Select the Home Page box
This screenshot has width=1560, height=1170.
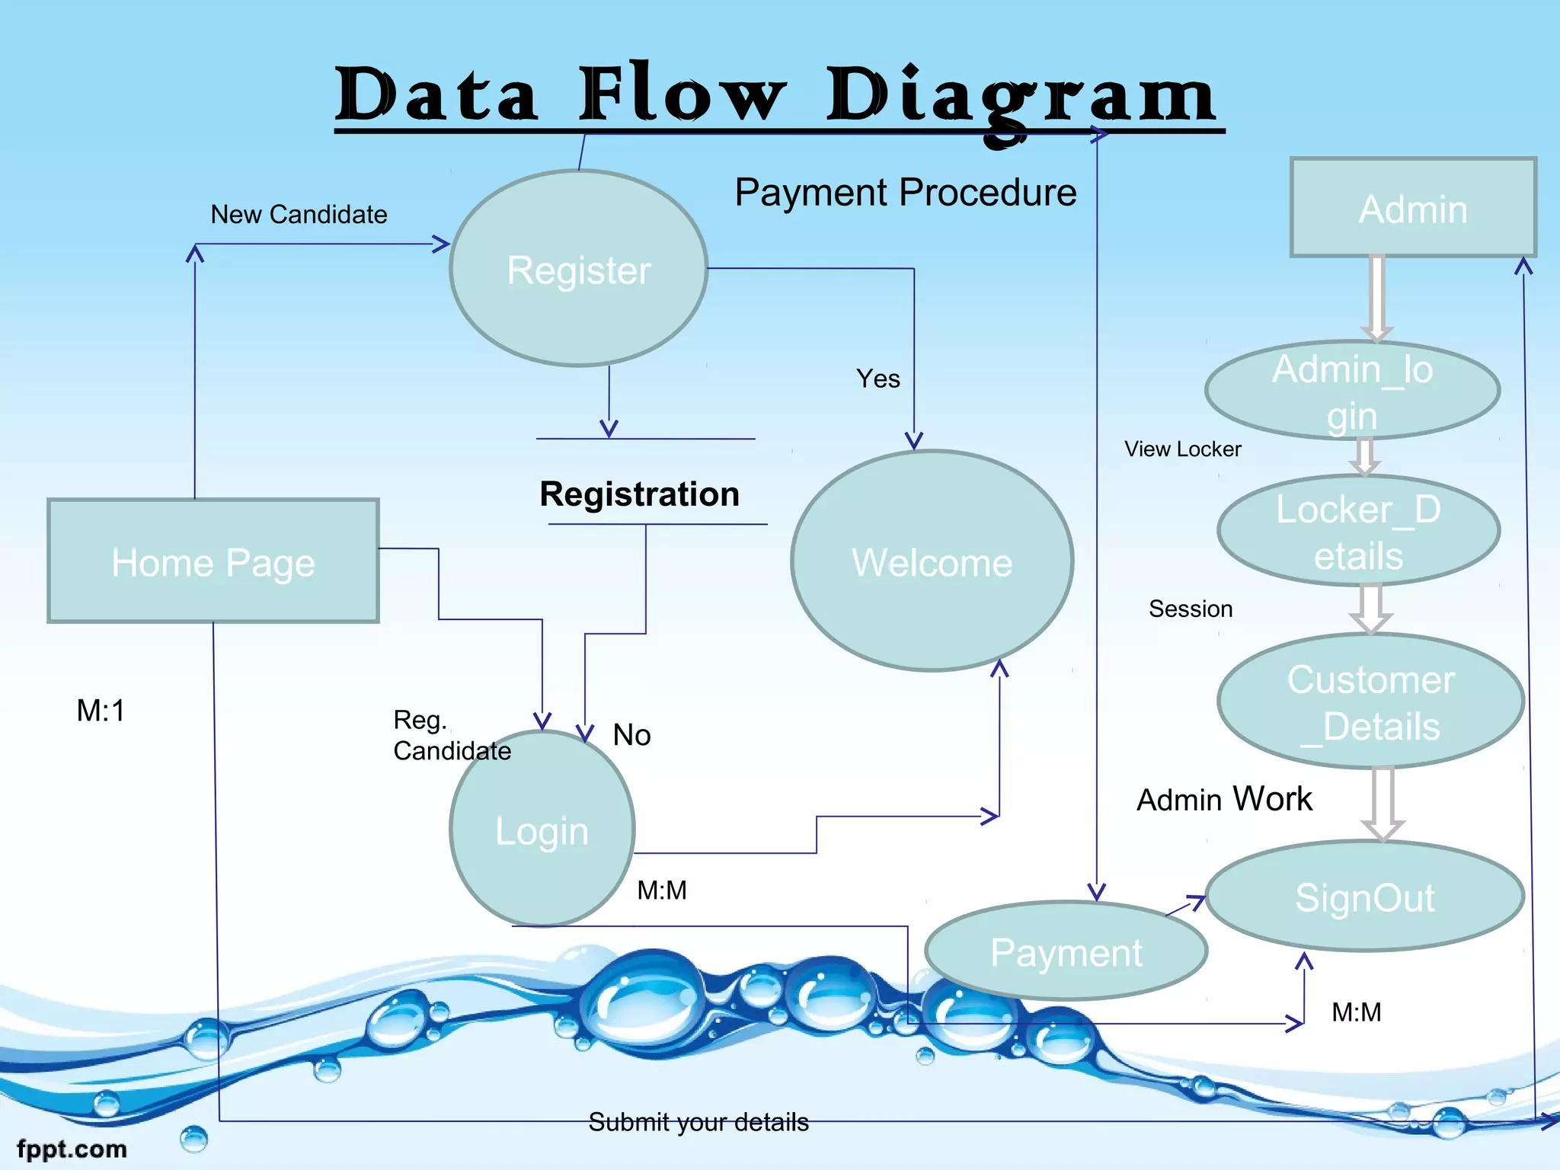pyautogui.click(x=213, y=561)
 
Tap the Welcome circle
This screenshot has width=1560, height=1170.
pyautogui.click(x=932, y=561)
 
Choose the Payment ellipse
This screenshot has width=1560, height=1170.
pyautogui.click(x=1066, y=951)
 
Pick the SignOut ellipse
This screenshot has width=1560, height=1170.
pyautogui.click(x=1365, y=897)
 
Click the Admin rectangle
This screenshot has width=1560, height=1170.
pyautogui.click(x=1413, y=208)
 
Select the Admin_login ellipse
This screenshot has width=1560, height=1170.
pyautogui.click(x=1353, y=391)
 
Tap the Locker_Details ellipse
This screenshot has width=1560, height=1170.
pyautogui.click(x=1359, y=531)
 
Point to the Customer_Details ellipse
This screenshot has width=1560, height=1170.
pyautogui.click(x=1371, y=702)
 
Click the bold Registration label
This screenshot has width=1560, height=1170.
pyautogui.click(x=640, y=494)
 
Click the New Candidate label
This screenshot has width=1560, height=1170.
pyautogui.click(x=299, y=215)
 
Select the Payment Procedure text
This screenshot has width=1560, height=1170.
pyautogui.click(x=905, y=192)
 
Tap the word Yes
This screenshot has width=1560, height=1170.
pyautogui.click(x=877, y=379)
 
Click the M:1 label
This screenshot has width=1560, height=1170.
pyautogui.click(x=101, y=711)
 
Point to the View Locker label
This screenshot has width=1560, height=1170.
pyautogui.click(x=1182, y=449)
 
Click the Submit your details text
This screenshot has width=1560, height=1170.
pyautogui.click(x=698, y=1122)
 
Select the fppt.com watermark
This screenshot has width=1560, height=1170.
pyautogui.click(x=72, y=1149)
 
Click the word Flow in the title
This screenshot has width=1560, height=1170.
pyautogui.click(x=682, y=94)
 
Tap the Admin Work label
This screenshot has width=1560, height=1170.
pyautogui.click(x=1224, y=799)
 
